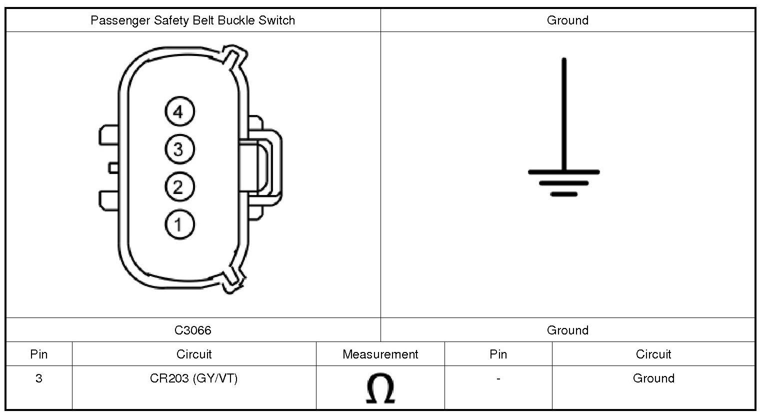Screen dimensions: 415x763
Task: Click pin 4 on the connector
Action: click(x=179, y=111)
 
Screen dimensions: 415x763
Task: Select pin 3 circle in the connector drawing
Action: click(x=179, y=149)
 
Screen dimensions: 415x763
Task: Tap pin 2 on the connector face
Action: click(x=179, y=187)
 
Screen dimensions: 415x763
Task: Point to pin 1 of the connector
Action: click(x=179, y=224)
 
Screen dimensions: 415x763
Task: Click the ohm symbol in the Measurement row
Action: click(x=380, y=388)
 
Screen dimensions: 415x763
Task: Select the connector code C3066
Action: click(x=193, y=330)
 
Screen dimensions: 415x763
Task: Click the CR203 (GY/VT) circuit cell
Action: click(x=194, y=378)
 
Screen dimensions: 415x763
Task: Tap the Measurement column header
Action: click(x=380, y=354)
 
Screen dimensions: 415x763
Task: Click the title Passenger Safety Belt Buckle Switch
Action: click(x=193, y=20)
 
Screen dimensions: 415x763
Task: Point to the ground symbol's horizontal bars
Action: click(x=564, y=182)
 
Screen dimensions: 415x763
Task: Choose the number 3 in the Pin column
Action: click(x=39, y=378)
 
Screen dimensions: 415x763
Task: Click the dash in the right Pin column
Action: click(x=498, y=379)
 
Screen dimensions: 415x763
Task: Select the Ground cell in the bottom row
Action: click(x=653, y=378)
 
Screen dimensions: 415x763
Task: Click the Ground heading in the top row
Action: click(x=567, y=20)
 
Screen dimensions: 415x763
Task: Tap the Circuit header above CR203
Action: click(x=194, y=354)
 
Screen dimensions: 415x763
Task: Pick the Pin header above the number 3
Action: click(x=39, y=354)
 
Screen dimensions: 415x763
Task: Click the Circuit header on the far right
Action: click(x=653, y=354)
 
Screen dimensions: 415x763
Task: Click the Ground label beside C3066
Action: click(x=567, y=330)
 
